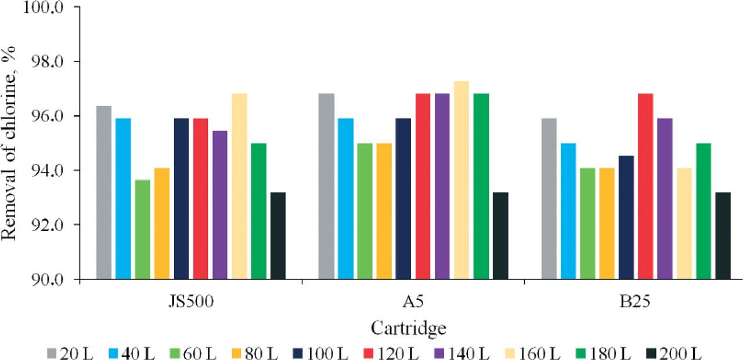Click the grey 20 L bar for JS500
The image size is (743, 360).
click(104, 193)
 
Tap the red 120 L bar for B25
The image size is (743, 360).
click(645, 186)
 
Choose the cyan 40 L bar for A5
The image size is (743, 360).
click(345, 199)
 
